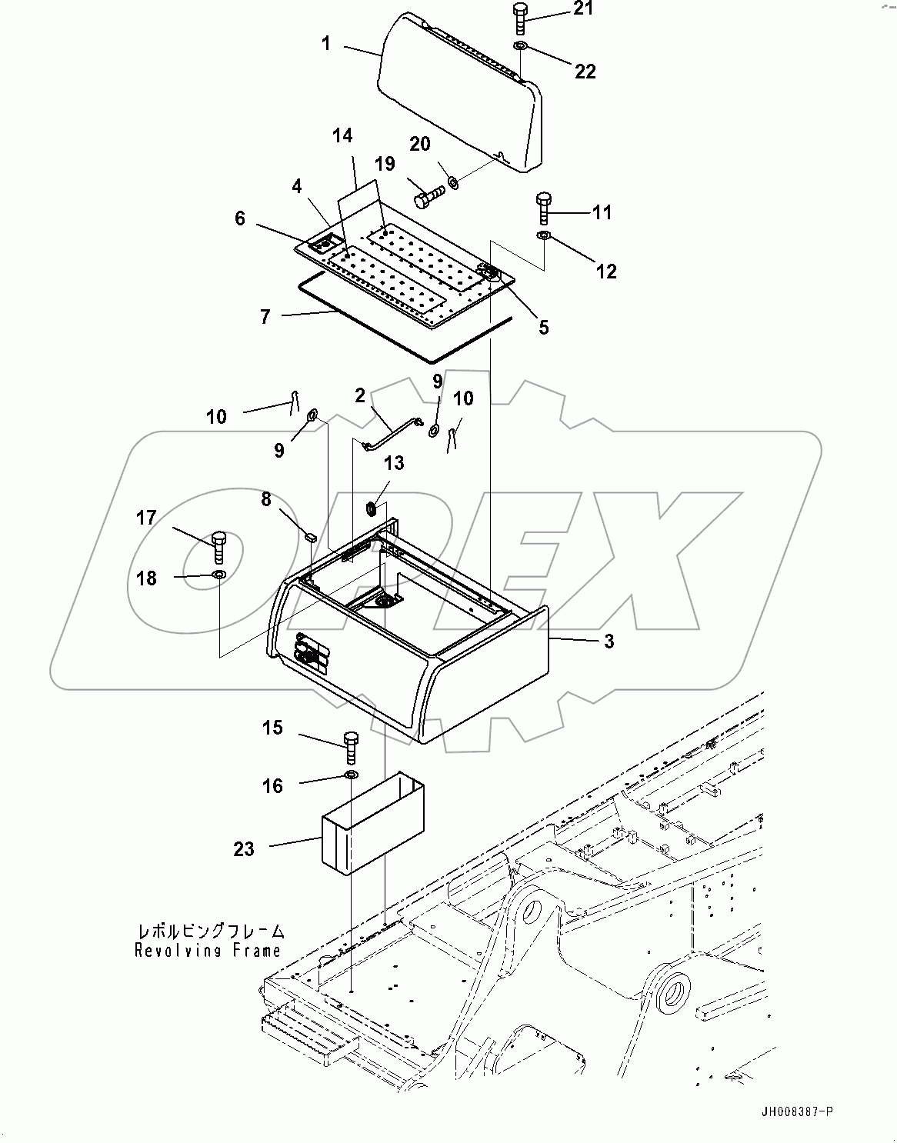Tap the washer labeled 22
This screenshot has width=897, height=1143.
(x=520, y=48)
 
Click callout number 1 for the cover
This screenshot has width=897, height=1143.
(x=326, y=44)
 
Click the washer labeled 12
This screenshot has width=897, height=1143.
(x=544, y=235)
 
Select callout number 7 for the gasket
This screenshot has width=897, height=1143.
(x=265, y=316)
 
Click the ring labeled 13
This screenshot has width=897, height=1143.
(x=370, y=508)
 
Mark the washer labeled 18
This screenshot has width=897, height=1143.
(x=218, y=575)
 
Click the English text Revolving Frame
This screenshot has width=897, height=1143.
(x=208, y=951)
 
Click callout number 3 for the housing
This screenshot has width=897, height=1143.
(x=609, y=641)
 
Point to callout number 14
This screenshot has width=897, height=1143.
(x=342, y=136)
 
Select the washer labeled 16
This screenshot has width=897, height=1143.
(x=351, y=775)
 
